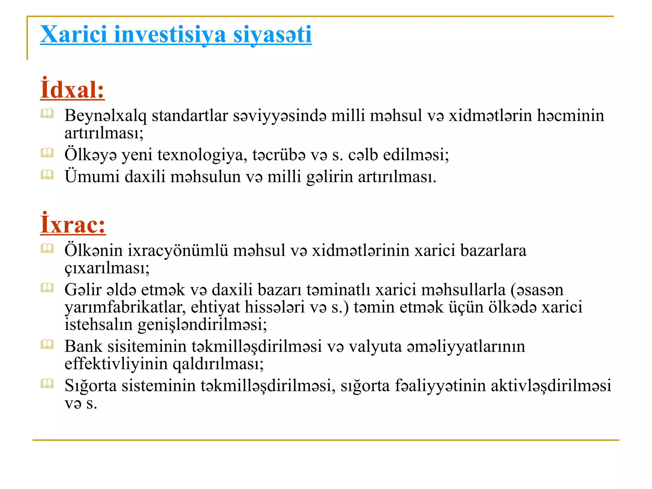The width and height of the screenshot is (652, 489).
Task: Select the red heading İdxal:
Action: (72, 90)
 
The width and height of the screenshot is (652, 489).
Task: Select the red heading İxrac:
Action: (73, 225)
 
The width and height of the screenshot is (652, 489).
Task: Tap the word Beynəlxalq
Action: (105, 116)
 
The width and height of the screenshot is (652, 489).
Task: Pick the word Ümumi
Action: (92, 177)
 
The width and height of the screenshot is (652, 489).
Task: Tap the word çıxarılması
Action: (107, 268)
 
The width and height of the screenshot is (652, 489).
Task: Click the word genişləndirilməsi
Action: (202, 325)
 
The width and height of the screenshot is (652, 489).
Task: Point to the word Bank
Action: (83, 346)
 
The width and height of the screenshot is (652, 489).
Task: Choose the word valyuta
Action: (375, 346)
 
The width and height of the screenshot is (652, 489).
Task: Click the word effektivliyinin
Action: (116, 364)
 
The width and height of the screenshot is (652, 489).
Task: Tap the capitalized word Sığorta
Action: (90, 386)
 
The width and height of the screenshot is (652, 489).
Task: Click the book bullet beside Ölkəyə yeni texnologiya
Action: (47, 153)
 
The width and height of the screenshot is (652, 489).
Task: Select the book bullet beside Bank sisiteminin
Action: (47, 344)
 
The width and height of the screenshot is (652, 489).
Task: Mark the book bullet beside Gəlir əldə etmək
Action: (47, 288)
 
